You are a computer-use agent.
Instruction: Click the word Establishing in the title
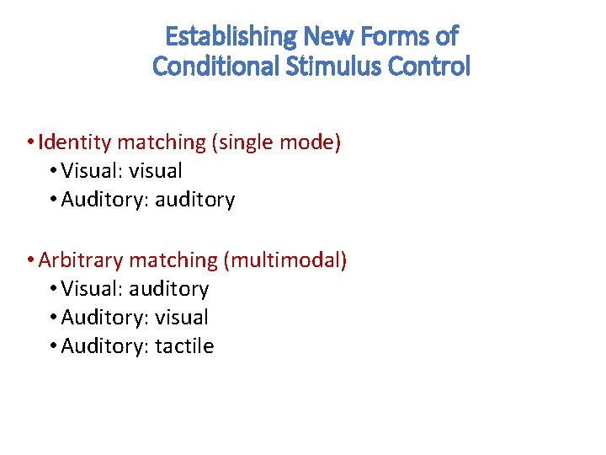pyautogui.click(x=230, y=36)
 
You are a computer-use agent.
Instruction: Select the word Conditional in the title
pyautogui.click(x=215, y=66)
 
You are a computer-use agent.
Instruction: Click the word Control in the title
pyautogui.click(x=433, y=66)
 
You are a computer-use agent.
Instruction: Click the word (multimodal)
pyautogui.click(x=284, y=260)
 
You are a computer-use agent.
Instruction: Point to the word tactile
pyautogui.click(x=184, y=346)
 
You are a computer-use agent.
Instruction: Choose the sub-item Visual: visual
pyautogui.click(x=121, y=171)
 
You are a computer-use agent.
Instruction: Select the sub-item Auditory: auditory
pyautogui.click(x=148, y=200)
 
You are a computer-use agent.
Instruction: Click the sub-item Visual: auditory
pyautogui.click(x=135, y=289)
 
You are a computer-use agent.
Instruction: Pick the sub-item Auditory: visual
pyautogui.click(x=135, y=318)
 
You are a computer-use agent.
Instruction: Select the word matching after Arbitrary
pyautogui.click(x=173, y=260)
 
